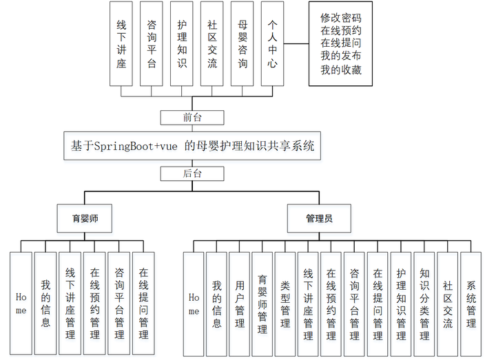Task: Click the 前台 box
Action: click(192, 117)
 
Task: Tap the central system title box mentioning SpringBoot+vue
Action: click(192, 146)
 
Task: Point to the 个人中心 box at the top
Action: click(273, 43)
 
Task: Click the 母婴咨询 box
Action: click(242, 43)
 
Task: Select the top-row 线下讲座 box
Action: click(121, 43)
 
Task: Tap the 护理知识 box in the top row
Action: click(182, 43)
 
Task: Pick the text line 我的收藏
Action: click(341, 70)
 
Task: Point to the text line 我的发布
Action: click(341, 56)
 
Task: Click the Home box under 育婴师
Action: click(21, 303)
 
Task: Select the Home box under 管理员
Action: click(194, 303)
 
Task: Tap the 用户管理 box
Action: click(240, 303)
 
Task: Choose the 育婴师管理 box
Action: click(262, 303)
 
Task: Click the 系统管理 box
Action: click(471, 303)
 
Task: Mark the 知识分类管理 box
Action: click(425, 303)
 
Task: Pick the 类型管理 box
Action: click(286, 303)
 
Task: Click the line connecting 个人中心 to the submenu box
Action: click(298, 43)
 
